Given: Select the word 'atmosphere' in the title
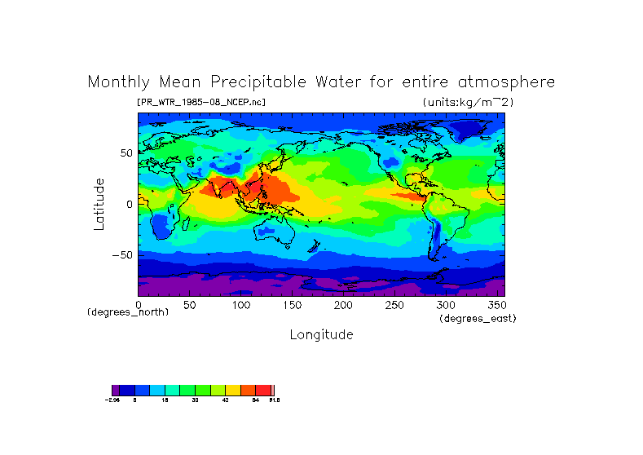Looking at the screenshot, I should coord(508,82).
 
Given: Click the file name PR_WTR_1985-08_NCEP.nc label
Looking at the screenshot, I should coord(201,102).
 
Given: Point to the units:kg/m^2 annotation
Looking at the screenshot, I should coord(468,102).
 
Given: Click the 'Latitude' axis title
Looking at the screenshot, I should coord(99,204).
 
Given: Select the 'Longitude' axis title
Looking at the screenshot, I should coord(321,334).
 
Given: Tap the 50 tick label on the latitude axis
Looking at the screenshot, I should coord(126,153).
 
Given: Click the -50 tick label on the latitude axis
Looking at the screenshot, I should coord(123,255).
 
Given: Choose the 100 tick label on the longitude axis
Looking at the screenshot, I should coord(240,305).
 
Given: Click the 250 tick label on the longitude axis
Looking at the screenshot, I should coord(394,305).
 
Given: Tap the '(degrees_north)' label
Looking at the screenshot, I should coord(128,312).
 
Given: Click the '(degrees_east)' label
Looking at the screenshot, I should coord(478,319).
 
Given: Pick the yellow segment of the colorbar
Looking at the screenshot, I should coord(232,390).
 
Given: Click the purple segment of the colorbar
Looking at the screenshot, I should coord(116,390).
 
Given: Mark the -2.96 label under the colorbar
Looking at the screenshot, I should coord(113,400).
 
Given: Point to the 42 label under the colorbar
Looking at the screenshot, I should coord(226,400).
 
